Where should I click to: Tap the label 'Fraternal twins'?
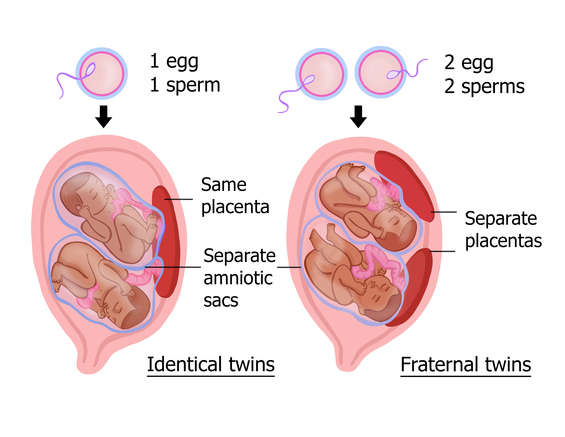466,365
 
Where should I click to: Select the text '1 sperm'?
185,85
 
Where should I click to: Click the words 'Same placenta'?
235,196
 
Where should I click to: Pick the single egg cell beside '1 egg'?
102,73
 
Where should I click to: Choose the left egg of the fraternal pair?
321,74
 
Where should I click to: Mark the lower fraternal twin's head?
383,303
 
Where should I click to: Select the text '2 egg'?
469,63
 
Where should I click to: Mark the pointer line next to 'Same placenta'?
178,199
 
